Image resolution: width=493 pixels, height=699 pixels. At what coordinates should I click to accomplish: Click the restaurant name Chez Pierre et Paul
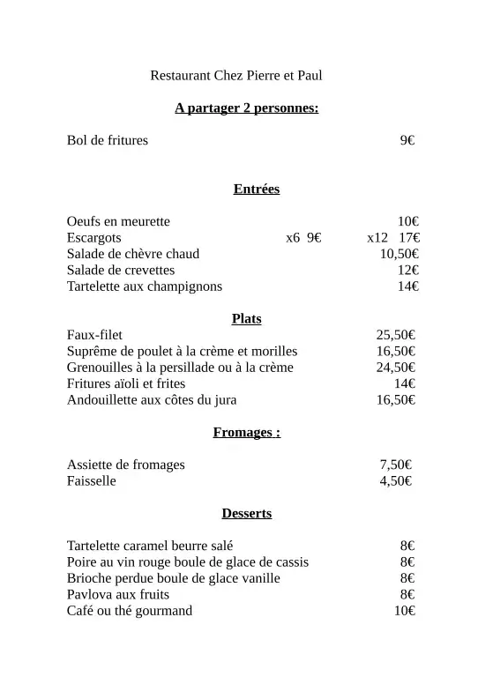(x=236, y=76)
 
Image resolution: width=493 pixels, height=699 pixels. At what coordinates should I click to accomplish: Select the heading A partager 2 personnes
(x=246, y=108)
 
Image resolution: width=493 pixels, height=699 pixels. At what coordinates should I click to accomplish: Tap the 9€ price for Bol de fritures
(x=407, y=140)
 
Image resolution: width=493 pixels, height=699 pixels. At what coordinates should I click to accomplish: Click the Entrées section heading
(x=256, y=189)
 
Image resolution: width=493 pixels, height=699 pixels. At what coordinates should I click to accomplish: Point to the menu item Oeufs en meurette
(x=118, y=221)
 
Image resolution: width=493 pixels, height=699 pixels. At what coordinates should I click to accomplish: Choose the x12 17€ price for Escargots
(x=393, y=238)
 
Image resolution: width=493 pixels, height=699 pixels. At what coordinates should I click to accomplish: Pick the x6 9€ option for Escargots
(x=303, y=238)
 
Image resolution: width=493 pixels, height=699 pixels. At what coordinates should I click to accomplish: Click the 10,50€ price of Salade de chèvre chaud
(x=399, y=254)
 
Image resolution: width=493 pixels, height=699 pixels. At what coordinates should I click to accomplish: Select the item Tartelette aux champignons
(x=145, y=286)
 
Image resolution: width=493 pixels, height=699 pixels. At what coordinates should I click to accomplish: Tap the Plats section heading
(x=246, y=319)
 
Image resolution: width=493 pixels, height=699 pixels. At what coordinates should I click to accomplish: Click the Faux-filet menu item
(x=94, y=335)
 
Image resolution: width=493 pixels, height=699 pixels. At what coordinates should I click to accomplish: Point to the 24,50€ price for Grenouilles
(x=396, y=368)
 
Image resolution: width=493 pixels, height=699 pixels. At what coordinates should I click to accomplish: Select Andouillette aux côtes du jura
(x=152, y=400)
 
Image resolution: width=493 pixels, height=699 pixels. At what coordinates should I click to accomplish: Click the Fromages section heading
(x=246, y=432)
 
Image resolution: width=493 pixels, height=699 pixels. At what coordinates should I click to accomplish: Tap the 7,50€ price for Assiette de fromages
(x=396, y=465)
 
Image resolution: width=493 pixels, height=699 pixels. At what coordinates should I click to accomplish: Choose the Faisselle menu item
(x=91, y=481)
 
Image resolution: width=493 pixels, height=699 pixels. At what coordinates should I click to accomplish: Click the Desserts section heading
(x=246, y=513)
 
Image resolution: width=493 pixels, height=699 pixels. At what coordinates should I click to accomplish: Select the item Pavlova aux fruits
(x=118, y=595)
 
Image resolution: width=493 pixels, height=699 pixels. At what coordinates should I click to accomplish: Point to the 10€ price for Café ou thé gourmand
(x=405, y=611)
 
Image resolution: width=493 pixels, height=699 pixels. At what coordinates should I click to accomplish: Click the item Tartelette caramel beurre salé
(x=150, y=547)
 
